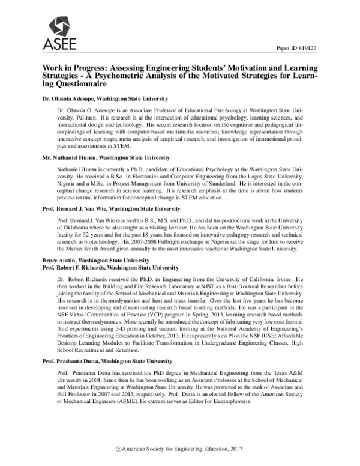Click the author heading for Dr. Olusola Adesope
tap(104, 98)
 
